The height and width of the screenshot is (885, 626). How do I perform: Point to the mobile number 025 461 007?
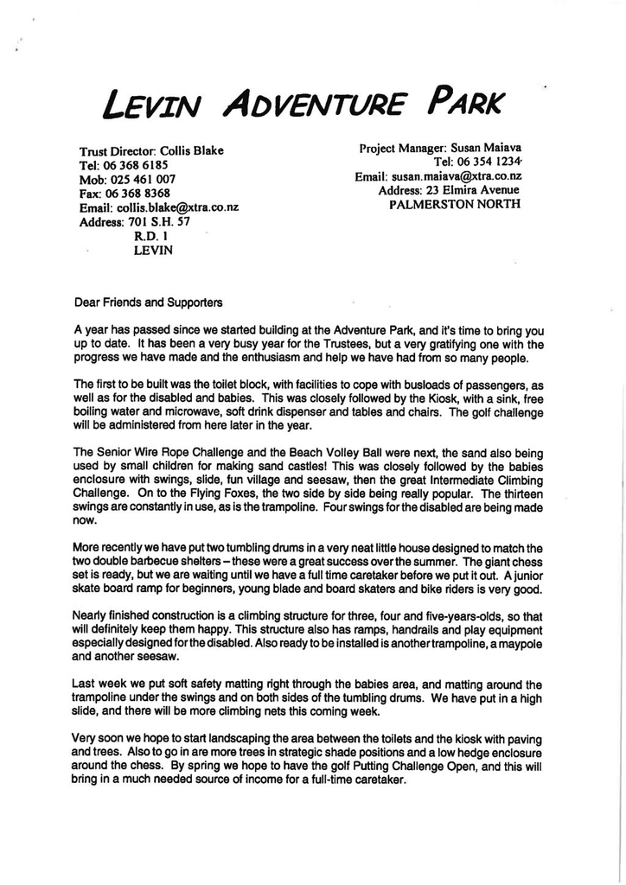(x=140, y=179)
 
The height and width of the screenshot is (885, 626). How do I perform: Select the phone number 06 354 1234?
(x=489, y=162)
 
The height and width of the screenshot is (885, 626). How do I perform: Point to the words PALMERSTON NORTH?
(x=455, y=205)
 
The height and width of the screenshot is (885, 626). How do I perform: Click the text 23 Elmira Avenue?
(x=473, y=190)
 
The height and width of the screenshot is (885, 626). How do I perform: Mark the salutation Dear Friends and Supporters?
(x=149, y=302)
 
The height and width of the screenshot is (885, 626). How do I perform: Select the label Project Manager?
(x=397, y=148)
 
